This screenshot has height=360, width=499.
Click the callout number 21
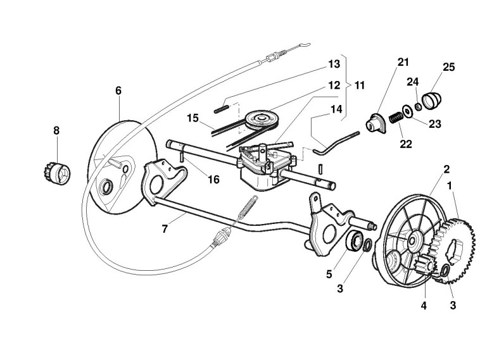(x=403, y=62)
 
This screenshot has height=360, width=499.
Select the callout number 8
(x=56, y=131)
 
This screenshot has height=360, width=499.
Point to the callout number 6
(x=118, y=90)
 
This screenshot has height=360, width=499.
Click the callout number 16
(x=213, y=180)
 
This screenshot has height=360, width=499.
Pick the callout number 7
(x=165, y=228)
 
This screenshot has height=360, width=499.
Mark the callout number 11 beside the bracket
(x=360, y=84)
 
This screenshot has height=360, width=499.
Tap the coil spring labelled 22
(x=395, y=118)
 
